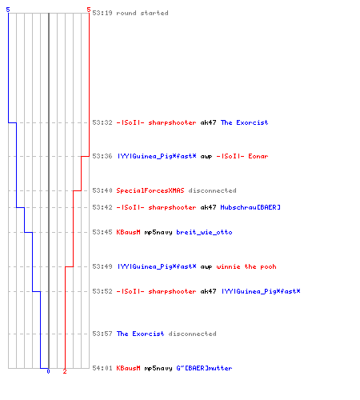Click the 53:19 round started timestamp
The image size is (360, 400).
(x=102, y=13)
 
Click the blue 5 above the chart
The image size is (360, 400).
(x=8, y=10)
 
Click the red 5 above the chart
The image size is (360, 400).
(x=89, y=10)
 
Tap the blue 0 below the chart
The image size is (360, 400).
(x=48, y=371)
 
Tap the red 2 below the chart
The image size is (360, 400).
(x=65, y=371)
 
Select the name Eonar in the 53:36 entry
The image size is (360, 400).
(x=258, y=156)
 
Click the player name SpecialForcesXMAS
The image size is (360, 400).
(x=150, y=190)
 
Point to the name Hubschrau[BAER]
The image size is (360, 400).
(x=250, y=207)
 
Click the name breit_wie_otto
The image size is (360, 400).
(x=204, y=232)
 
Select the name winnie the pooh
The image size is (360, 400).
(x=246, y=266)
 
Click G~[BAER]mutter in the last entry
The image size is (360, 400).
(x=204, y=368)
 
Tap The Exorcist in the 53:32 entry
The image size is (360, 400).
(x=244, y=122)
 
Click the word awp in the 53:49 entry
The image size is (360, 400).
(x=206, y=266)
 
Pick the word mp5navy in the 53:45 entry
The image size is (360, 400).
(x=158, y=232)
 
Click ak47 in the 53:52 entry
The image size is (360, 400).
(x=208, y=291)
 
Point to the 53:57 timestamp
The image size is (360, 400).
(x=102, y=334)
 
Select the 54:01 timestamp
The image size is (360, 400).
(x=102, y=368)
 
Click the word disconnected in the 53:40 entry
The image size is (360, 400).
(x=212, y=190)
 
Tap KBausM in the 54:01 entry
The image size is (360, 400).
(x=128, y=368)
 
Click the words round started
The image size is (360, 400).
(x=142, y=13)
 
